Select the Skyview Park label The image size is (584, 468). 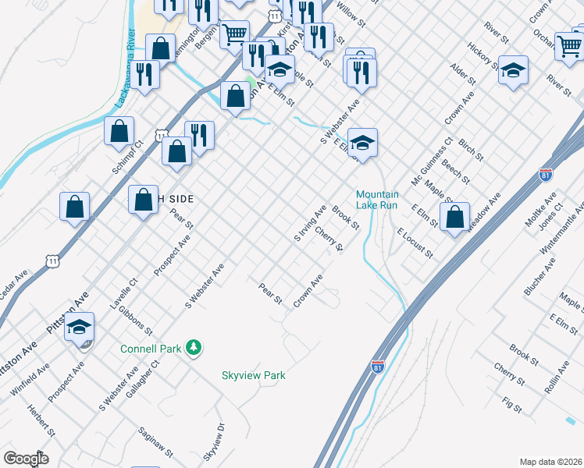(254, 375)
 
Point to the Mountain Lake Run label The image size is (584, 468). (377, 200)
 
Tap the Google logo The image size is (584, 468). (26, 458)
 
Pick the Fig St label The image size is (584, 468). (512, 404)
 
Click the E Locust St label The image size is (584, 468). (414, 243)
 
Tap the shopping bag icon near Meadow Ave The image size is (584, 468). (454, 217)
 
